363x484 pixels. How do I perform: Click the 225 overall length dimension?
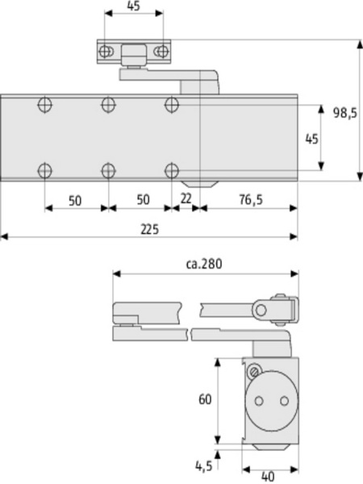150,229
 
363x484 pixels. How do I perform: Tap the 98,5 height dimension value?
344,113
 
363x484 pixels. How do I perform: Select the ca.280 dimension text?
204,264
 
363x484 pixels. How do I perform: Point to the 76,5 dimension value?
251,200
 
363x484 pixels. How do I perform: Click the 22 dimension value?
186,199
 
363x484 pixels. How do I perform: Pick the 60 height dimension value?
205,399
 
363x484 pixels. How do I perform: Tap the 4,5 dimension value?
204,465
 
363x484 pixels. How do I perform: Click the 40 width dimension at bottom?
268,477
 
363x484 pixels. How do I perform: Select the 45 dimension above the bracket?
133,6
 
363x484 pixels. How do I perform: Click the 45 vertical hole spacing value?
311,139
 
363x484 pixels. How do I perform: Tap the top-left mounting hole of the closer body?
44,105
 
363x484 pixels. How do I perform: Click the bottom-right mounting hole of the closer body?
172,170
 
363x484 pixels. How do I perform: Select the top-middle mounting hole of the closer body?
108,105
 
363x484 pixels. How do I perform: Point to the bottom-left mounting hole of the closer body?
44,170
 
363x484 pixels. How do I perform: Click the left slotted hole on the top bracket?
105,52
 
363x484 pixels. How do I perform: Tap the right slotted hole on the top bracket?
162,52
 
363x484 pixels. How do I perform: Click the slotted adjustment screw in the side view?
254,372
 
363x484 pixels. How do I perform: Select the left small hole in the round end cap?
259,401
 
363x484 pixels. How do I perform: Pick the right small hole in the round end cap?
284,401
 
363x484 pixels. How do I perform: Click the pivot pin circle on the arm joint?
261,310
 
